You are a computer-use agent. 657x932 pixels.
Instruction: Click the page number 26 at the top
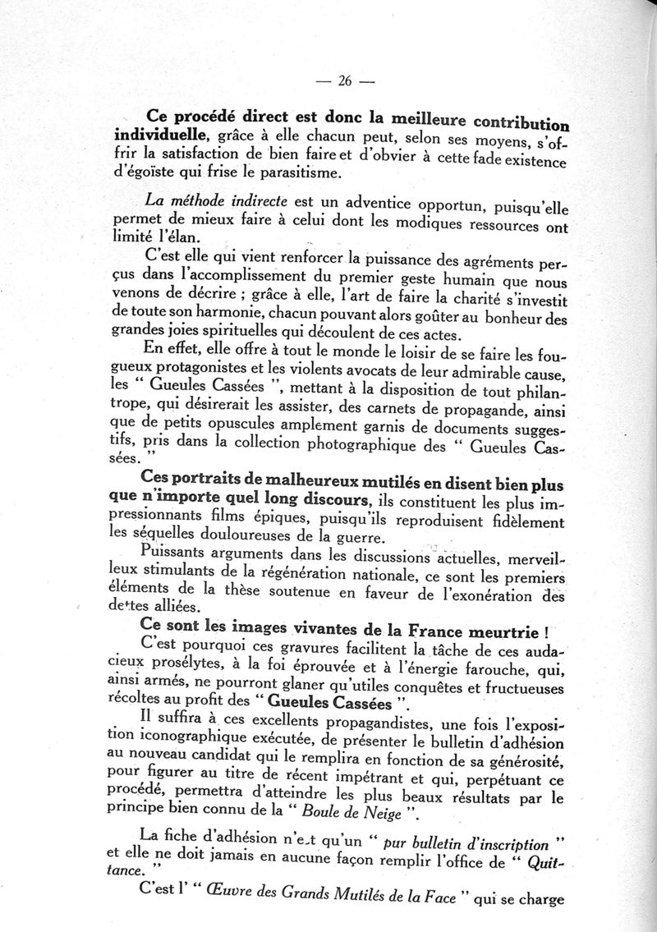pos(345,80)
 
